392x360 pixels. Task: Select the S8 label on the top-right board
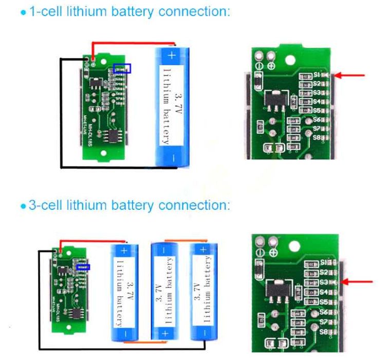(x=316, y=138)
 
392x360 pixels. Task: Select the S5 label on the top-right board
(x=316, y=111)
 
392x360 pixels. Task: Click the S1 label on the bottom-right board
(x=323, y=262)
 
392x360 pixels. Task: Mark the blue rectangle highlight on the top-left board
(x=122, y=68)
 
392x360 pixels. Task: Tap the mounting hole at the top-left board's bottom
(x=102, y=153)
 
